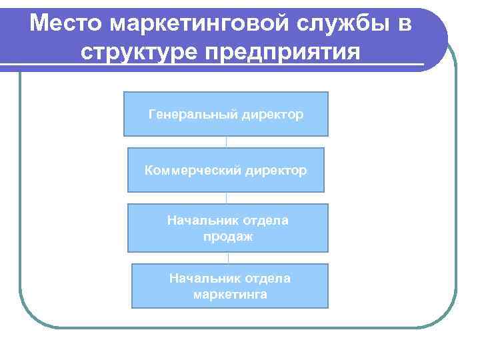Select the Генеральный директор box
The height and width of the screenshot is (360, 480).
(x=226, y=114)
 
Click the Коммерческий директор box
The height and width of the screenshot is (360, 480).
(x=226, y=170)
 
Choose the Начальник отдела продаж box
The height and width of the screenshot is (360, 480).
(x=228, y=228)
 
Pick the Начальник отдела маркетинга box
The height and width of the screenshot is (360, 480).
(x=230, y=285)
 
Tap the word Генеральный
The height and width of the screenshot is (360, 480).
(x=192, y=115)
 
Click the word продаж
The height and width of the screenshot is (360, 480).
(x=228, y=236)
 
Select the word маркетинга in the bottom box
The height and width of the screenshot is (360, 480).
(x=230, y=293)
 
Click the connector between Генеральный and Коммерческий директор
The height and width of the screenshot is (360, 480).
(x=227, y=142)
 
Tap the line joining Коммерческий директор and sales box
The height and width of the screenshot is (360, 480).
(x=227, y=198)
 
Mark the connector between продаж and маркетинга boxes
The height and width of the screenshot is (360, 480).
(x=228, y=258)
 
